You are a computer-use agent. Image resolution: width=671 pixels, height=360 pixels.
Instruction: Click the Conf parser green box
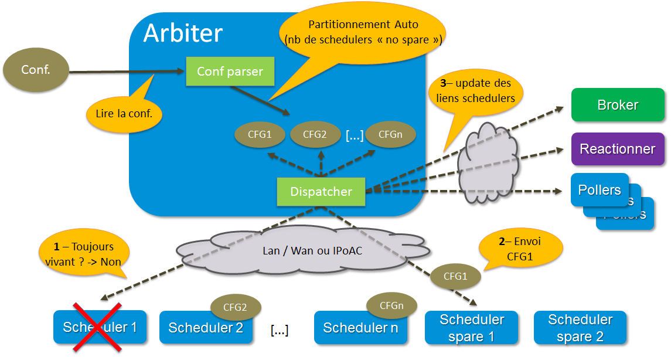pyautogui.click(x=230, y=72)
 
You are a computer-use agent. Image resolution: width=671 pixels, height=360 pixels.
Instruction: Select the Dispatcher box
pyautogui.click(x=321, y=192)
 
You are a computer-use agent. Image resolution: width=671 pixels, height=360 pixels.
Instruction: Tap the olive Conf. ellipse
pyautogui.click(x=36, y=70)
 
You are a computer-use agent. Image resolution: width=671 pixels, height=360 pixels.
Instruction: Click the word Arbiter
pyautogui.click(x=183, y=33)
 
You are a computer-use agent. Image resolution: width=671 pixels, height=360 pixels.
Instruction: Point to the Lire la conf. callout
pyautogui.click(x=124, y=113)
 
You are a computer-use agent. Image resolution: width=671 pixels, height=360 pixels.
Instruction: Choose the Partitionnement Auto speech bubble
pyautogui.click(x=363, y=33)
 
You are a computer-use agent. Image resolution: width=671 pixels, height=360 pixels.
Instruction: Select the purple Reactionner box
pyautogui.click(x=618, y=148)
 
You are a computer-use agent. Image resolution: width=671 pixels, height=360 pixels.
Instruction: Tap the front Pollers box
pyautogui.click(x=600, y=190)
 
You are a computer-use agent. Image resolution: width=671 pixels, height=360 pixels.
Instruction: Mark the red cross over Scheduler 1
pyautogui.click(x=97, y=327)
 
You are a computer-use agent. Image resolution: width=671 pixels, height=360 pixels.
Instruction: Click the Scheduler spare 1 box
pyautogui.click(x=472, y=328)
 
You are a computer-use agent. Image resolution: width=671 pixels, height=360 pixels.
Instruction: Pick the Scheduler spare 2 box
pyautogui.click(x=580, y=328)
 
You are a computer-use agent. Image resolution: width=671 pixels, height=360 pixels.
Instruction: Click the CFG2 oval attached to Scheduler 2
pyautogui.click(x=235, y=306)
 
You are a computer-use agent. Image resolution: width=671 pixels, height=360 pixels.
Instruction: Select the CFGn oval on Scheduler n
pyautogui.click(x=391, y=305)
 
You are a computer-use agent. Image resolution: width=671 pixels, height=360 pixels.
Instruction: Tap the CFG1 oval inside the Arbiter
pyautogui.click(x=260, y=134)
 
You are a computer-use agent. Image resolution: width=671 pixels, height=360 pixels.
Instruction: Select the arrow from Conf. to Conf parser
pyautogui.click(x=126, y=72)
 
